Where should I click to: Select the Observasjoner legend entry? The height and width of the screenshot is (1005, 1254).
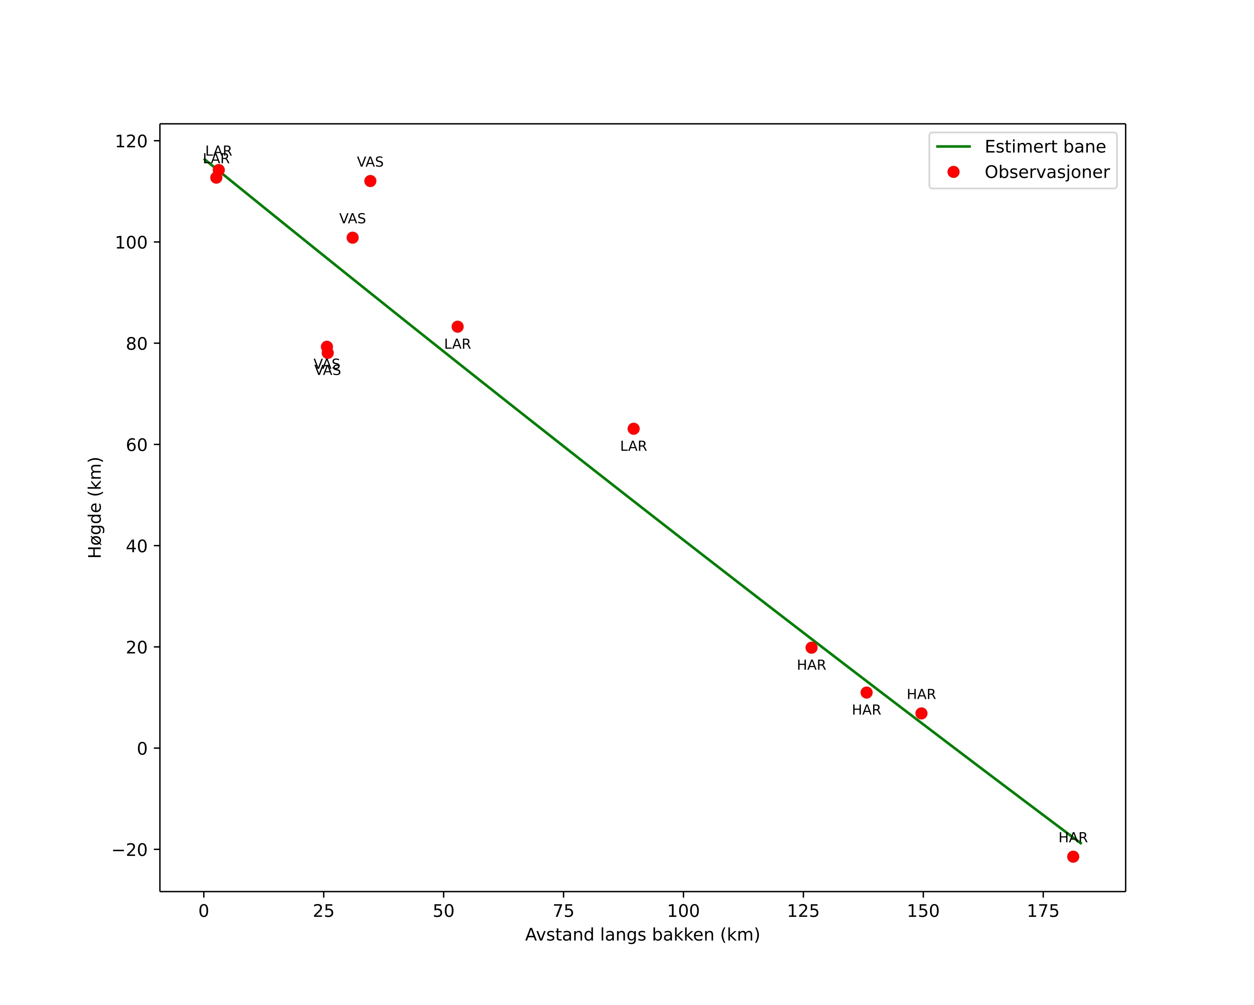[x=1046, y=172]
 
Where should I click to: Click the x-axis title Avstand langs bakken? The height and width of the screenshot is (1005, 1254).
[x=642, y=935]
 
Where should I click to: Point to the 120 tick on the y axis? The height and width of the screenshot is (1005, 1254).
[x=131, y=141]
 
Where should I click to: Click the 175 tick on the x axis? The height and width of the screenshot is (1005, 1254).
[x=1043, y=912]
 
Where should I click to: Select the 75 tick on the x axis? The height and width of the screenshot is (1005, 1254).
[x=564, y=912]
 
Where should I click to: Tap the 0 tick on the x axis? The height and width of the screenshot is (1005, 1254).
[x=204, y=912]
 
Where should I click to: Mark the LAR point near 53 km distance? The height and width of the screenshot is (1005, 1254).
[x=458, y=327]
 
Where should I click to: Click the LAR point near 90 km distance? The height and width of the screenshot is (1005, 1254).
[x=633, y=429]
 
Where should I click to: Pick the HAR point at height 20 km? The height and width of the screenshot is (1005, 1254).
[x=811, y=648]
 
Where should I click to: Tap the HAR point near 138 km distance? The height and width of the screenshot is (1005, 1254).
[x=866, y=693]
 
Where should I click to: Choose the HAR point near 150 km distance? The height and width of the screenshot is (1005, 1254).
[x=921, y=714]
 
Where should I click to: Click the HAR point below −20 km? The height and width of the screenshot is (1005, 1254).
[x=1073, y=857]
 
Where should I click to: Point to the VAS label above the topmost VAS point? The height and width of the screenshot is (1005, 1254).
[x=370, y=162]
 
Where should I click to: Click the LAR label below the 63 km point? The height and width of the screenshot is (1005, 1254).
[x=633, y=446]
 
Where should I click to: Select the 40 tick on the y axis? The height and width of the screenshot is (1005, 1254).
[x=136, y=546]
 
